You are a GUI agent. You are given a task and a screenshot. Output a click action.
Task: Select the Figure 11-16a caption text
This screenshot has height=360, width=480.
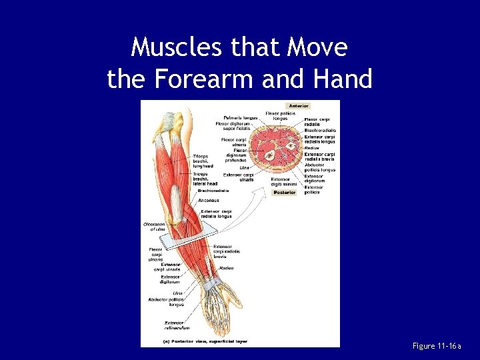436,346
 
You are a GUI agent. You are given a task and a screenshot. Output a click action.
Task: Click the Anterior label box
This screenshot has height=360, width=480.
298,105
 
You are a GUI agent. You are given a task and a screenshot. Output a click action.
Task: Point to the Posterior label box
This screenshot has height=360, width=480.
285,192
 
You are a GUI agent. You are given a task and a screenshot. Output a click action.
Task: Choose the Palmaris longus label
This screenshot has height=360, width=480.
236,118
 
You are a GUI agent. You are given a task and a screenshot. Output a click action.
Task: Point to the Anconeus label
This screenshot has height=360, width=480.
209,200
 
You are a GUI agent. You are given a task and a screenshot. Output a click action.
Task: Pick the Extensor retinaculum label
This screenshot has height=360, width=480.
177,325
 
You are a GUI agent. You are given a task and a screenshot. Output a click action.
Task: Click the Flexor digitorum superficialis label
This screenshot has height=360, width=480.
233,126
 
